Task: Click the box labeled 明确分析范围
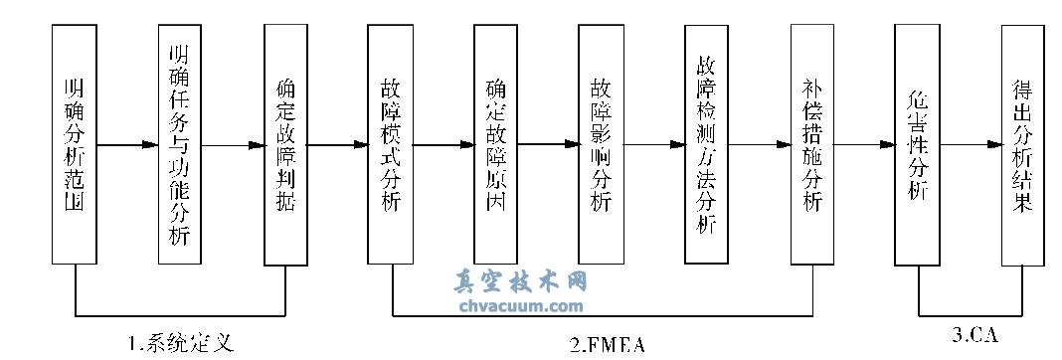(74, 144)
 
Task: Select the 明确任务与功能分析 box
(180, 144)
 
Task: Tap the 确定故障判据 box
(285, 144)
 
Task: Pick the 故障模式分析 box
(391, 144)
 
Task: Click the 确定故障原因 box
(496, 144)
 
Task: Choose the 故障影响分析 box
(601, 144)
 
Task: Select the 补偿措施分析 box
(812, 144)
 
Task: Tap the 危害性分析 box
(918, 144)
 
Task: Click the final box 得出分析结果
(1023, 144)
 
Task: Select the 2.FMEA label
(608, 344)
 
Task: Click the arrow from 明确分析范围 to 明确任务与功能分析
(127, 145)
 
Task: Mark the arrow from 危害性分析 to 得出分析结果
(971, 145)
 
